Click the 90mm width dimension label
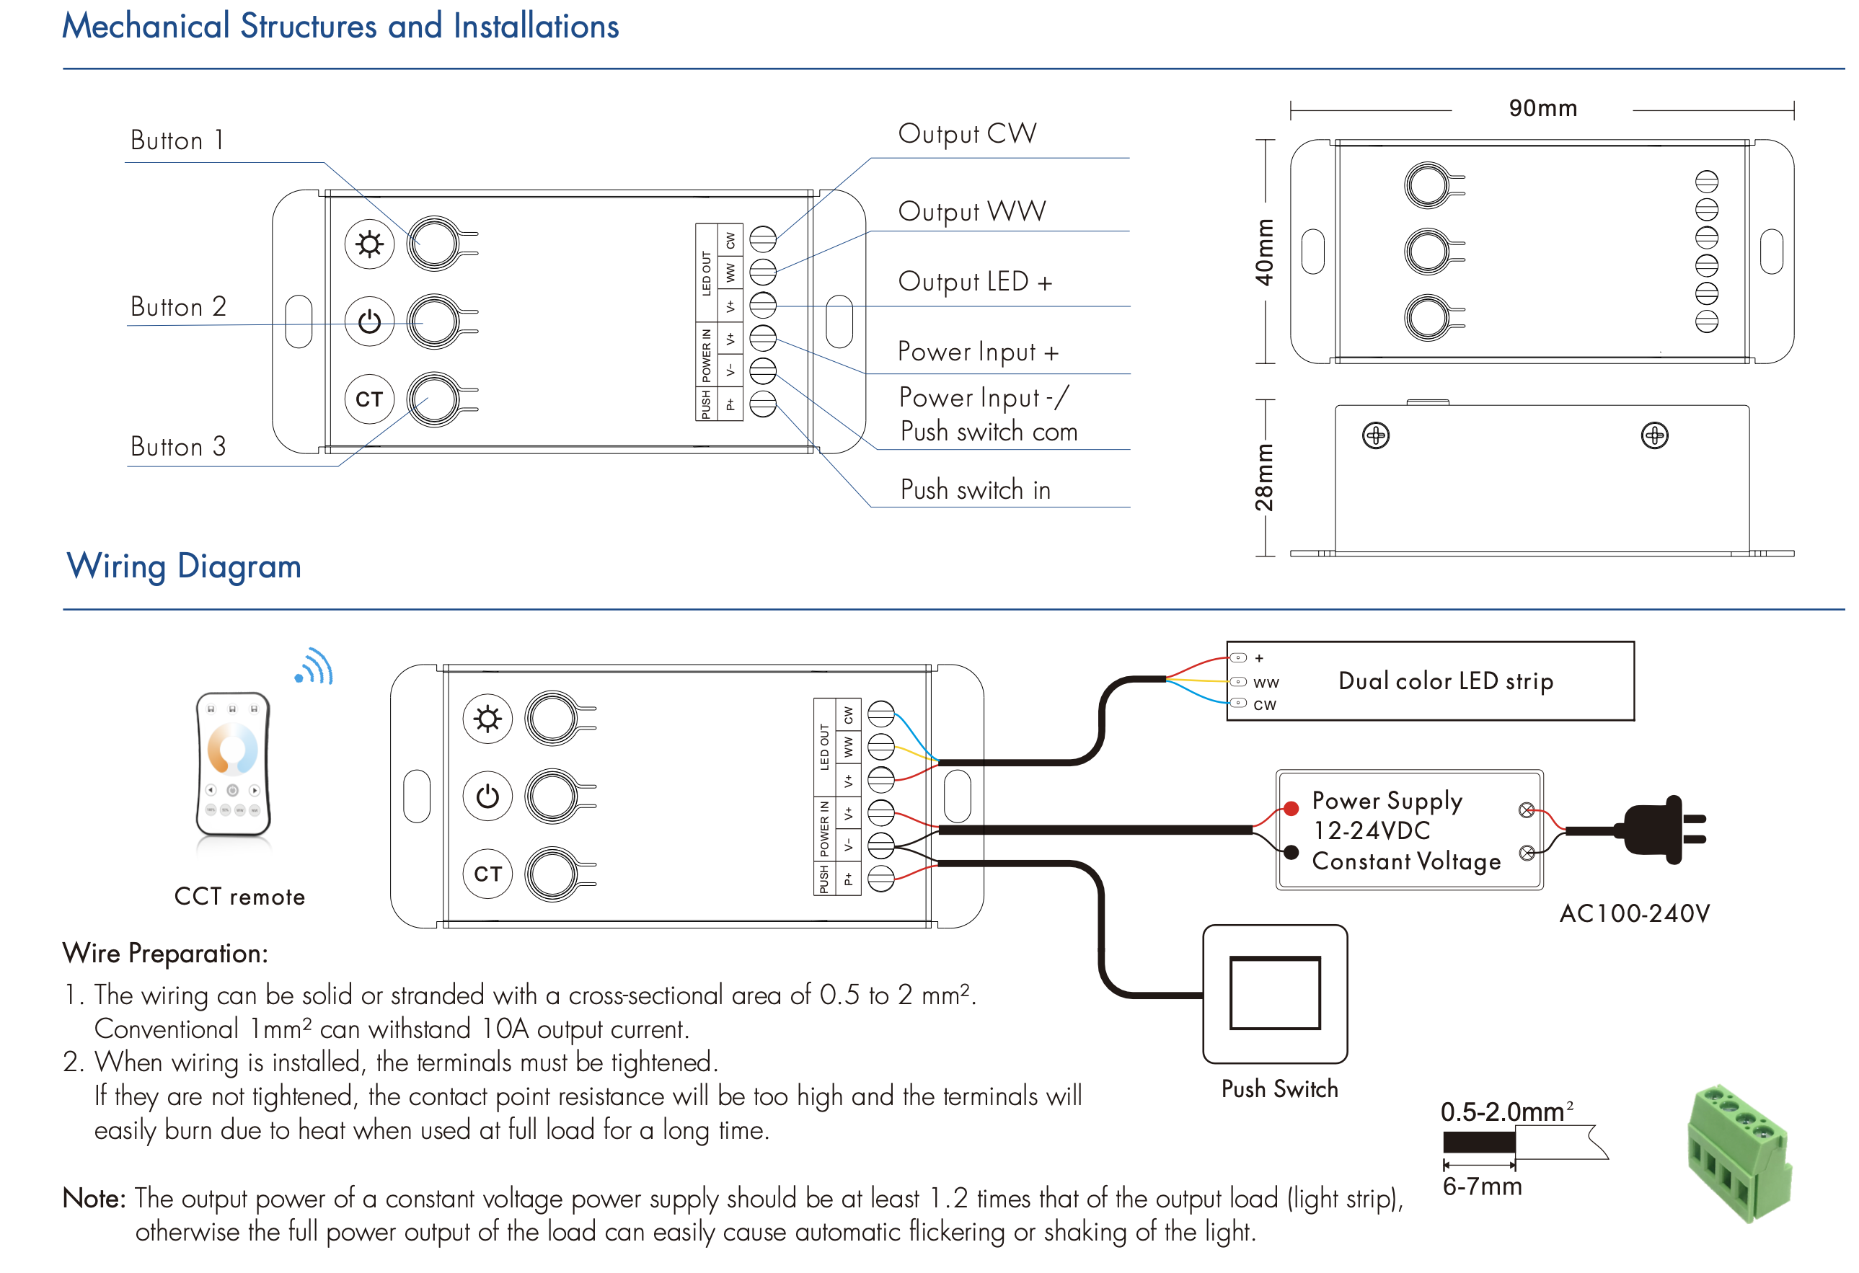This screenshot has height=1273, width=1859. click(x=1542, y=108)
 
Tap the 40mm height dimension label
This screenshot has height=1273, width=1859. click(x=1264, y=252)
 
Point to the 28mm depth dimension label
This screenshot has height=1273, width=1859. click(x=1264, y=477)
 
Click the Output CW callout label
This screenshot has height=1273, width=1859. click(x=967, y=133)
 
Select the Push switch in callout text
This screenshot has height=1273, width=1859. click(x=975, y=489)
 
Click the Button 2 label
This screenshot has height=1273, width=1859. click(x=178, y=306)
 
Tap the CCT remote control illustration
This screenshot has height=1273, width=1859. click(x=233, y=764)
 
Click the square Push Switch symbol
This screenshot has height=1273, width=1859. click(x=1274, y=993)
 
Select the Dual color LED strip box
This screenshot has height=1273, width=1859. click(x=1429, y=680)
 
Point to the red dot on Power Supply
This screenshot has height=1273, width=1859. click(x=1290, y=808)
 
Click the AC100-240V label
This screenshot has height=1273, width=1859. click(x=1634, y=913)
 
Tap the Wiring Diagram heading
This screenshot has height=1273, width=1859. click(x=184, y=566)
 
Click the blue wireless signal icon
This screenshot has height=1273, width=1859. click(x=314, y=667)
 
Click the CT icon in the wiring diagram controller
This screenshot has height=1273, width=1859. click(x=487, y=873)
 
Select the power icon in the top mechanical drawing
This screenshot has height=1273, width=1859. click(x=369, y=321)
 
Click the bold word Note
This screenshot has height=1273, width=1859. click(x=94, y=1198)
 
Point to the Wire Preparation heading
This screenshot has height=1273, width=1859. click(x=165, y=953)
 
